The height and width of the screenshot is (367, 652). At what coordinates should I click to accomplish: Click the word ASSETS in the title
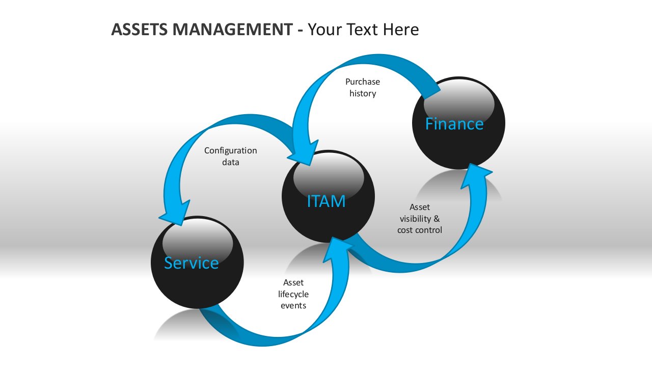coord(140,30)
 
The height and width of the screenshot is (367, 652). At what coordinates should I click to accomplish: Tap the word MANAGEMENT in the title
coord(233,30)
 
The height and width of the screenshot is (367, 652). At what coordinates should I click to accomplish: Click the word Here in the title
coord(401,30)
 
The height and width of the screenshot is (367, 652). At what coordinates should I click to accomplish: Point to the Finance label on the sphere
coord(454,124)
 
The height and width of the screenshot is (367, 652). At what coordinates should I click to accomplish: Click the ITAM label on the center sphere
coord(327,201)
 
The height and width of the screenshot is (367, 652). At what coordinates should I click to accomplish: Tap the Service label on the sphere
coord(191,263)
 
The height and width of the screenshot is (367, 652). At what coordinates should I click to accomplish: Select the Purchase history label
coord(363,87)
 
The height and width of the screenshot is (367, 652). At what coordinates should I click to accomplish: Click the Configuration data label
coord(231,156)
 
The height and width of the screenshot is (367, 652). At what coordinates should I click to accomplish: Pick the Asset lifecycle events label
coord(293,294)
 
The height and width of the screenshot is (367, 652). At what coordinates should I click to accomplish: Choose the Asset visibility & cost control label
coord(420,219)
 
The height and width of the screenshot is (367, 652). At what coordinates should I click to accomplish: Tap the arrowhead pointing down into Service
coord(175,213)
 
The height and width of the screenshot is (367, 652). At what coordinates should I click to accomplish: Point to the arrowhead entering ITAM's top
coord(303,152)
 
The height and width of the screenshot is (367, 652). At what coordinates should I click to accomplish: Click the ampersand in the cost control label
coord(437,219)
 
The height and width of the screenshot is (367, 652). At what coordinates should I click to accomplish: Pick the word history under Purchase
coord(363,93)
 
